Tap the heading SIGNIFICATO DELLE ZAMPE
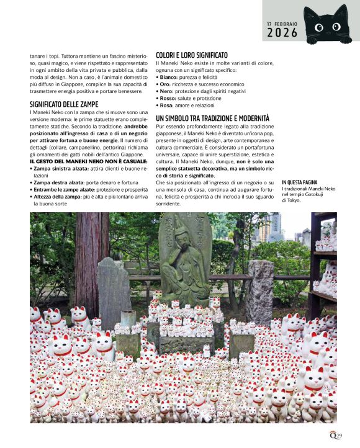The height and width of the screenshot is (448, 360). coord(65,104)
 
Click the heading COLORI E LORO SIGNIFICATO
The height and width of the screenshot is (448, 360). coord(192,55)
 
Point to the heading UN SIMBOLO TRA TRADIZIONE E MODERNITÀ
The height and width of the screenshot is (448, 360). coord(212,118)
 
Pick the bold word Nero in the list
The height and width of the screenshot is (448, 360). coord(165,91)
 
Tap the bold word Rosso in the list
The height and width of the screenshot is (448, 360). coord(166,97)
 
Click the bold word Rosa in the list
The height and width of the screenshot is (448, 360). coord(165,104)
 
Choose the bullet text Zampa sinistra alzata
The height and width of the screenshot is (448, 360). coord(61,168)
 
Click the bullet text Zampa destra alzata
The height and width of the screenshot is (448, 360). coord(58,182)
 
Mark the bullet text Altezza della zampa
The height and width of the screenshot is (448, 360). coord(58,196)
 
